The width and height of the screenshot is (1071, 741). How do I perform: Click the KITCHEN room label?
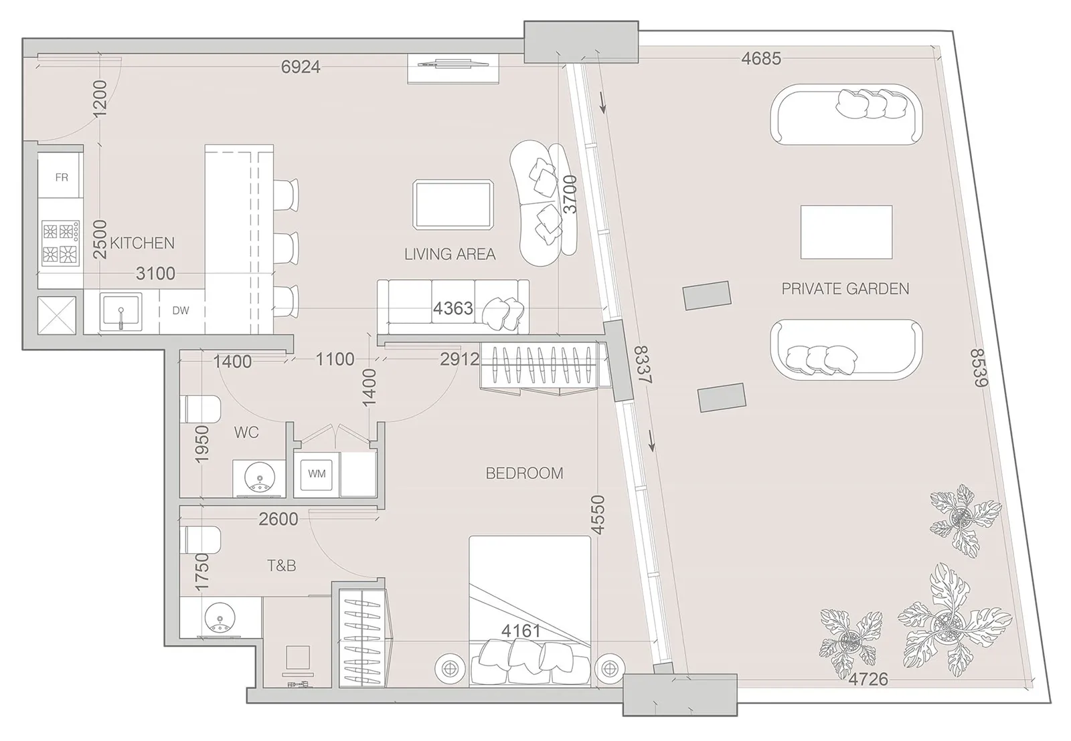pyautogui.click(x=142, y=243)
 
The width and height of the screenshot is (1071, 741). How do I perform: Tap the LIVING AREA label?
pyautogui.click(x=449, y=254)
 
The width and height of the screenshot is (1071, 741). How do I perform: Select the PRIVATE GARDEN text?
pyautogui.click(x=845, y=288)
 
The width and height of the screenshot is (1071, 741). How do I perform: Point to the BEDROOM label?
pyautogui.click(x=525, y=473)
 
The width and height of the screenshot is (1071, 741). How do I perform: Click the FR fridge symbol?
pyautogui.click(x=62, y=177)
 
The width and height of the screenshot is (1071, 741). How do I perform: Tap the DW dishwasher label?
pyautogui.click(x=181, y=310)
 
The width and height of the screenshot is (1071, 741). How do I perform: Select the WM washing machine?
pyautogui.click(x=317, y=473)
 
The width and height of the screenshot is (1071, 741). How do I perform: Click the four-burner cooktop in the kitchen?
pyautogui.click(x=61, y=242)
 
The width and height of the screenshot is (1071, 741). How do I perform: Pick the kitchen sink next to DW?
pyautogui.click(x=121, y=312)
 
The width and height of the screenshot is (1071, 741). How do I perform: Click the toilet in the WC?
pyautogui.click(x=203, y=409)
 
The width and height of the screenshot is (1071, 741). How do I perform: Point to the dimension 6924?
pyautogui.click(x=301, y=68)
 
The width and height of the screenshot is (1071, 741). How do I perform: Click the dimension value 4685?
pyautogui.click(x=761, y=59)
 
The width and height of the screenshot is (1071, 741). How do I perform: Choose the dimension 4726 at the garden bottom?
pyautogui.click(x=868, y=679)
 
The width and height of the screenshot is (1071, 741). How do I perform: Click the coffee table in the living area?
pyautogui.click(x=453, y=205)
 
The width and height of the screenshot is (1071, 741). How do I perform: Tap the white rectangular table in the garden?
pyautogui.click(x=846, y=232)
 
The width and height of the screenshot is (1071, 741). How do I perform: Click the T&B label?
pyautogui.click(x=282, y=566)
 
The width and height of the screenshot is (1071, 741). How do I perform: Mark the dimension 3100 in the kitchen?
pyautogui.click(x=155, y=274)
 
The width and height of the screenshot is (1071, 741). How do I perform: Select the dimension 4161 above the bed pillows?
pyautogui.click(x=521, y=631)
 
